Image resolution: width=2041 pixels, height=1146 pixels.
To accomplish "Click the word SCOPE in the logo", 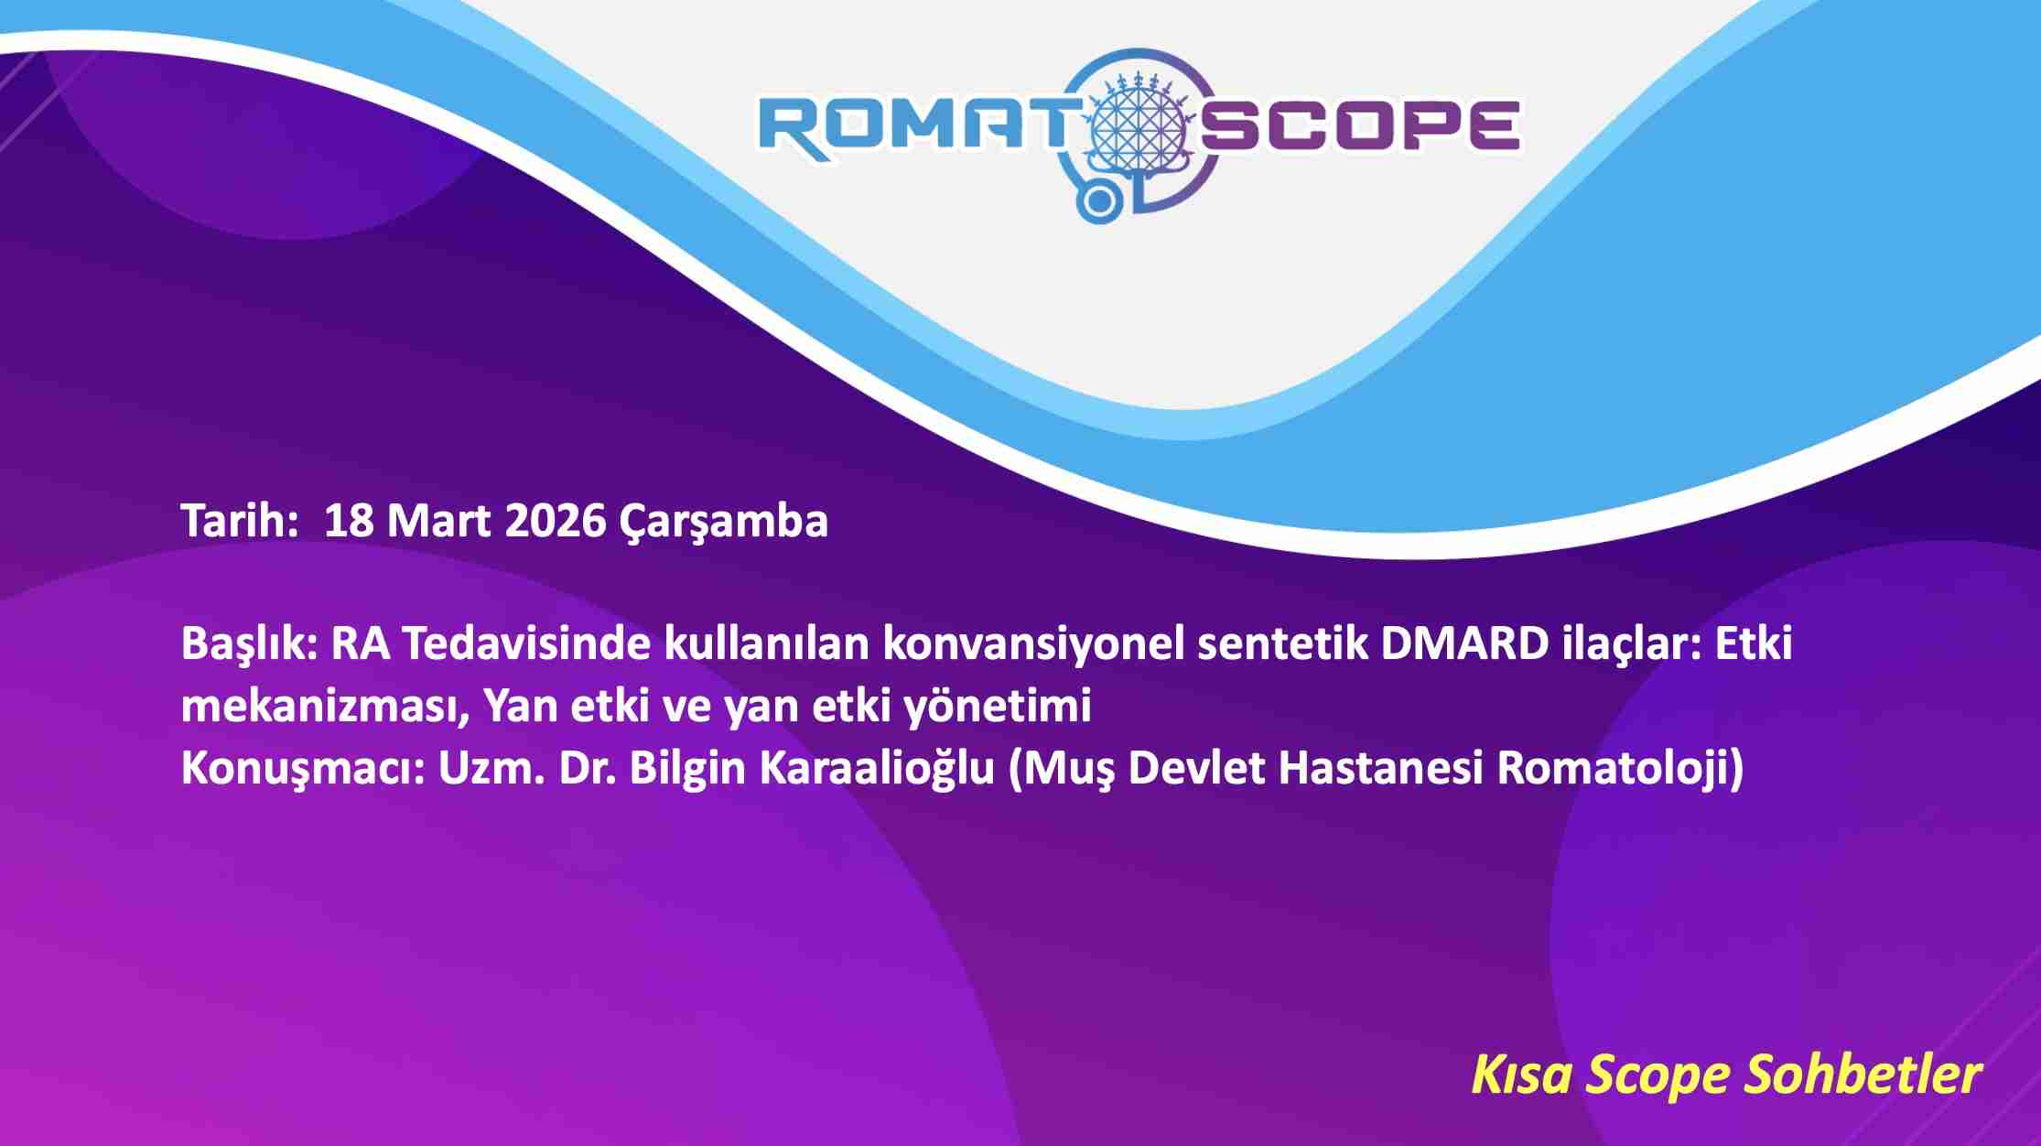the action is [1360, 125].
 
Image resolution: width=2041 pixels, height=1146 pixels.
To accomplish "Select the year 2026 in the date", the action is [555, 521].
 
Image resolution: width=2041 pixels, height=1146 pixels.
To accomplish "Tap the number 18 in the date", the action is [349, 521].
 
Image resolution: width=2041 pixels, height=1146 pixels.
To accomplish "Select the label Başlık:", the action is [249, 644].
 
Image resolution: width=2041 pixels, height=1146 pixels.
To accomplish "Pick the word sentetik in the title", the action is [1281, 643].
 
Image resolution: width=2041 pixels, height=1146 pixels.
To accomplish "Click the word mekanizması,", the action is [325, 707].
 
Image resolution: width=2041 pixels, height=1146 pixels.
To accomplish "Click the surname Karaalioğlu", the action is [878, 767].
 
